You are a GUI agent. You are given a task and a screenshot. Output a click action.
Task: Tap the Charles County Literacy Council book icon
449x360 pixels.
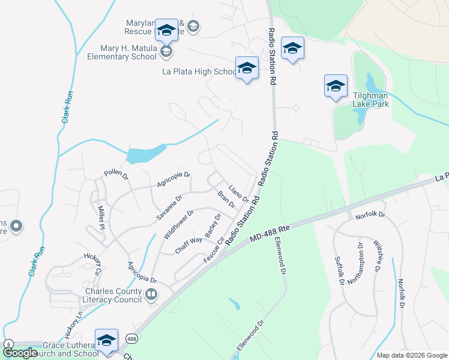tap(151, 294)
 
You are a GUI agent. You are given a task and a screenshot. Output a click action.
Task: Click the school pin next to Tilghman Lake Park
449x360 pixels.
tap(336, 87)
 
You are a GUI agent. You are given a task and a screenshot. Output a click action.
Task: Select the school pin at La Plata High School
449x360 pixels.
tap(247, 69)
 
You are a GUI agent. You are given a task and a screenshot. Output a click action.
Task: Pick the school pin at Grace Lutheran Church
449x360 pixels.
tap(106, 340)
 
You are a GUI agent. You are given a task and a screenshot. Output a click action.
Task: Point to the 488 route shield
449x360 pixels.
tap(131, 338)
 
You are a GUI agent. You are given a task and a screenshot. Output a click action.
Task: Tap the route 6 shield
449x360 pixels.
tap(8, 344)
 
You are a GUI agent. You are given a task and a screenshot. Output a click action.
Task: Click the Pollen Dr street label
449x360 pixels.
tap(116, 175)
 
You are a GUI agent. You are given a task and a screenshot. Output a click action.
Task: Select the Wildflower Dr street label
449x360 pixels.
tap(178, 224)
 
